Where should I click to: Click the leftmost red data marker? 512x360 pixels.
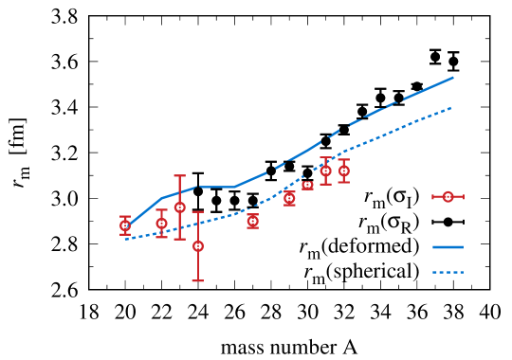[125, 225]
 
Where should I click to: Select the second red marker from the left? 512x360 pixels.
[161, 224]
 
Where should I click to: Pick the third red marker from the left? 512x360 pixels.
[179, 207]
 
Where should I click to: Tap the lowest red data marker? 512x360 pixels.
[197, 246]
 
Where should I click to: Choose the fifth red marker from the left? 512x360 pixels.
[252, 221]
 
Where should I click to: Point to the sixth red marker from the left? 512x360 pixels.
[289, 198]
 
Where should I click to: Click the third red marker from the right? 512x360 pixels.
[307, 185]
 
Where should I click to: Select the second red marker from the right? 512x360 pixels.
[325, 171]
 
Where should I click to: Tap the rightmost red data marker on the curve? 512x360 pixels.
[343, 171]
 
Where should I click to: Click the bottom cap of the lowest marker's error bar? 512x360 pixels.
[197, 280]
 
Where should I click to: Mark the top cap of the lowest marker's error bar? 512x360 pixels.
[197, 212]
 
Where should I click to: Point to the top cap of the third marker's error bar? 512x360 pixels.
[179, 175]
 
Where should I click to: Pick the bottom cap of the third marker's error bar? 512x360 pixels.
[179, 239]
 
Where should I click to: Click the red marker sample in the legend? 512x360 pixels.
[448, 197]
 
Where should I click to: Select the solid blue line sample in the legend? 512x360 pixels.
[448, 247]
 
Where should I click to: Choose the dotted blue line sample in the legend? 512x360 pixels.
[448, 273]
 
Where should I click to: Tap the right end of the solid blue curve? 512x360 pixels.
[453, 78]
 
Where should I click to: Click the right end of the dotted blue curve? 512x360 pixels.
[452, 108]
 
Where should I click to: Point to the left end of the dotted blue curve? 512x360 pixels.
[125, 239]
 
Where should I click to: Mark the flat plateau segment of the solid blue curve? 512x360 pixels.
[216, 187]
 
